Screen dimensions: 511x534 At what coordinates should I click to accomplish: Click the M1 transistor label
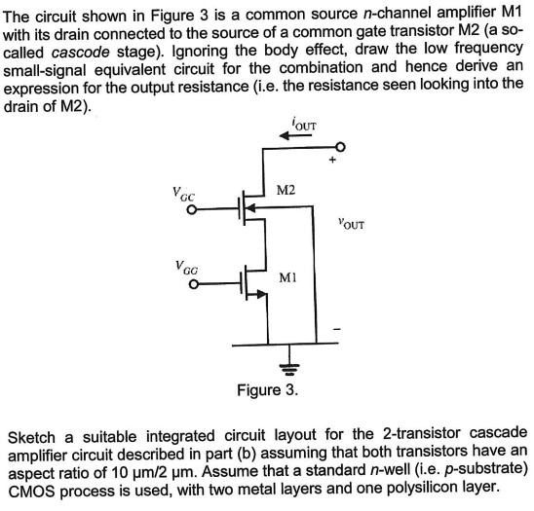coord(287,279)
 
